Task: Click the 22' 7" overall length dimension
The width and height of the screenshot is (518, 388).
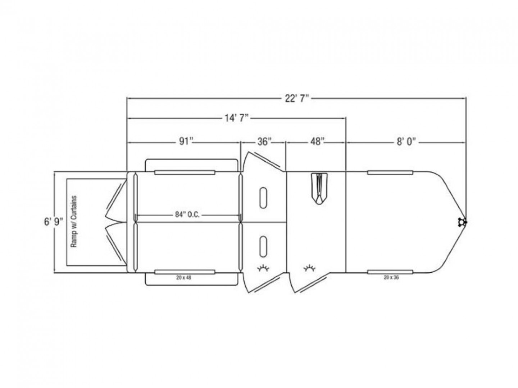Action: (x=297, y=98)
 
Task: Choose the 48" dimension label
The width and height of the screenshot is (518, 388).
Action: (x=316, y=142)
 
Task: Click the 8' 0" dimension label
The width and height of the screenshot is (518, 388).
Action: (x=406, y=142)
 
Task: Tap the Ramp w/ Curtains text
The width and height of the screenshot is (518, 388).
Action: (x=74, y=222)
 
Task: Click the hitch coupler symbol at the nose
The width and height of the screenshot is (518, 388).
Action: (x=462, y=222)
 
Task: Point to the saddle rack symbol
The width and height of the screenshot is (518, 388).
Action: (x=318, y=189)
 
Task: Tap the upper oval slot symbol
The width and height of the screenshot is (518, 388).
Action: (x=263, y=197)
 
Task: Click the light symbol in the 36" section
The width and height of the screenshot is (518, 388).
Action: (x=263, y=268)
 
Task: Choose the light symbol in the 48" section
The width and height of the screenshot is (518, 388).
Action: (x=309, y=268)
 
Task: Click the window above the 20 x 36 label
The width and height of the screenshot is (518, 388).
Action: (x=390, y=271)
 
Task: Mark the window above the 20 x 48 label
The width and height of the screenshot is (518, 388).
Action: (x=185, y=272)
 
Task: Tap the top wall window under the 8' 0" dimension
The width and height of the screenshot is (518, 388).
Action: (x=390, y=173)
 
